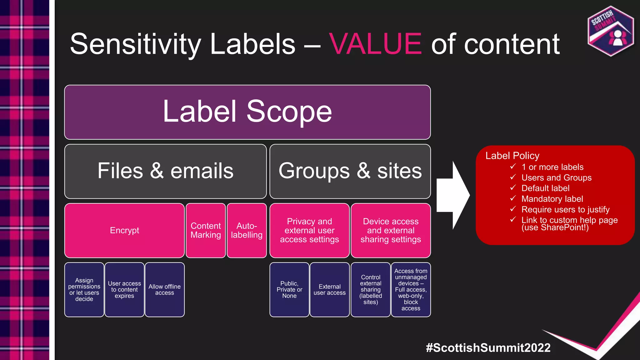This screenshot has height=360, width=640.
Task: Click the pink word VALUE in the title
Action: click(375, 44)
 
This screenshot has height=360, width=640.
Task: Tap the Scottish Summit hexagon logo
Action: click(611, 31)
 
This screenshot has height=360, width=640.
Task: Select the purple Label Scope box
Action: click(247, 112)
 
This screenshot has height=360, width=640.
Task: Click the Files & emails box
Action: click(165, 171)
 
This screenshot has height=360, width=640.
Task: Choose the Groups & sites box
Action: click(350, 171)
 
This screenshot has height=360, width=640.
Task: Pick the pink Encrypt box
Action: click(124, 230)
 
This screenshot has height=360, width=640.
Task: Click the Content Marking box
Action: click(206, 230)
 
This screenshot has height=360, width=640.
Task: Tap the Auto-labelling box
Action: click(247, 230)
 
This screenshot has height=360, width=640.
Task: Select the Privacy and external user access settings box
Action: click(309, 230)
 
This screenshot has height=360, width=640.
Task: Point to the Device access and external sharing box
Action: click(391, 230)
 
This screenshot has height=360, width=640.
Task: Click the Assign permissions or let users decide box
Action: click(84, 290)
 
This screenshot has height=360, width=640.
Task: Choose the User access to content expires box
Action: click(124, 290)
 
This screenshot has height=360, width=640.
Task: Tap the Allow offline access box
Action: click(164, 290)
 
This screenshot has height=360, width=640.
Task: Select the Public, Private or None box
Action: click(289, 290)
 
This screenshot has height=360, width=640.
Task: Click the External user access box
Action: click(330, 290)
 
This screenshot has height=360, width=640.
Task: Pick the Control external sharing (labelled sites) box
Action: click(371, 290)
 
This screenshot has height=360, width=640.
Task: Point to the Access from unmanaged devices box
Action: click(411, 290)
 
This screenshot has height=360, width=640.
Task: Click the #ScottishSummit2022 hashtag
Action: click(488, 347)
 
